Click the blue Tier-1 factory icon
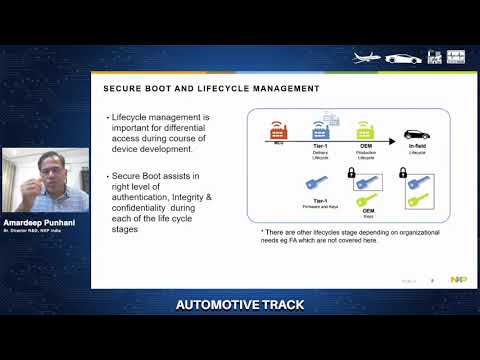click(x=321, y=129)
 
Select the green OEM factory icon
click(x=367, y=129)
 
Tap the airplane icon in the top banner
click(x=371, y=58)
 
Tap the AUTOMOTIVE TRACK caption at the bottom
click(x=239, y=303)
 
